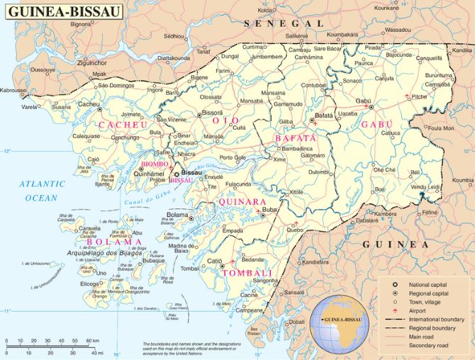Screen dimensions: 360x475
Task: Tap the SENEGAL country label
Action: click(x=283, y=23)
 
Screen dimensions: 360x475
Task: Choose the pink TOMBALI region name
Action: click(x=247, y=273)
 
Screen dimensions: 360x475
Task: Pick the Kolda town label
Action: click(x=264, y=11)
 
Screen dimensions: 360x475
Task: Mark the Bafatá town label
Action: click(x=323, y=114)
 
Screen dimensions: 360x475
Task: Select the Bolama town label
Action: click(x=177, y=214)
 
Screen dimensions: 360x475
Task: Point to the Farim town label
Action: click(x=223, y=71)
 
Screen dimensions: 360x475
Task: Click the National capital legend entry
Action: click(x=427, y=285)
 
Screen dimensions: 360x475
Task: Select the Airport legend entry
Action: click(x=418, y=310)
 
